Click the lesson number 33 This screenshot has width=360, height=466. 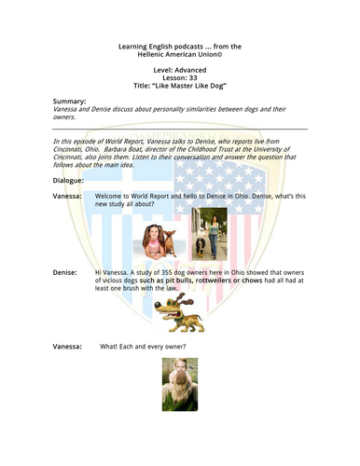pyautogui.click(x=192, y=74)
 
